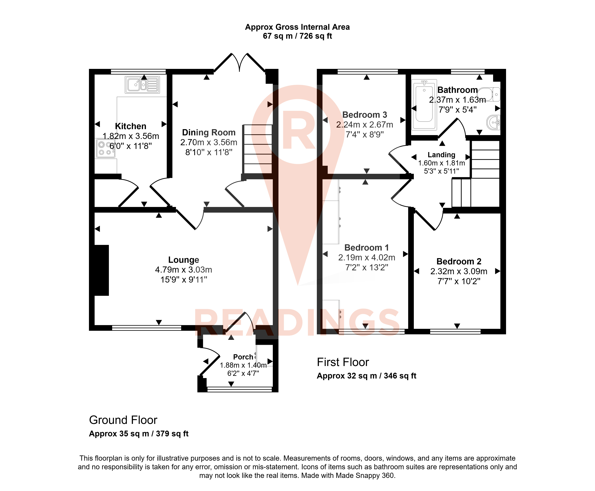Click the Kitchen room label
[131, 126]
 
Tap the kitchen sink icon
[142, 85]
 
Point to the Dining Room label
[209, 132]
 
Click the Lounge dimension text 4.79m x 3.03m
[184, 270]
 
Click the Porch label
[243, 357]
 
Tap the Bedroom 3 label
[365, 115]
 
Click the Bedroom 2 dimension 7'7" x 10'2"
[459, 281]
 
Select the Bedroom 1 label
[367, 248]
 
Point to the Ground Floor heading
[123, 420]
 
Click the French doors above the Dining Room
[239, 62]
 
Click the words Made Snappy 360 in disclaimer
[365, 475]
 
